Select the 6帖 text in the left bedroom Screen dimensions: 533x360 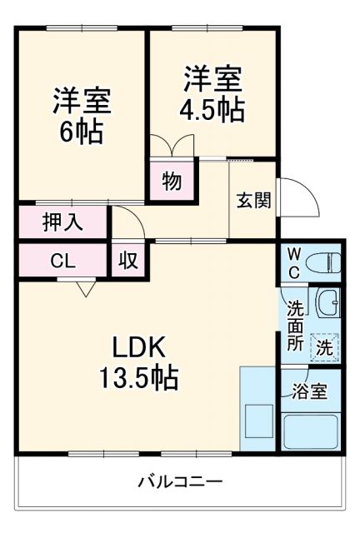coord(81,131)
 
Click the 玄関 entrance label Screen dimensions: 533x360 coord(253,201)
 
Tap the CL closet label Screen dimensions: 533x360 coord(62,260)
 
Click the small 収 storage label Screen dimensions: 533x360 coord(128,260)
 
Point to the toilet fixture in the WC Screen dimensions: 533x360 coord(324,264)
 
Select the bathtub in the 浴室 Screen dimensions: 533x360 coord(311,431)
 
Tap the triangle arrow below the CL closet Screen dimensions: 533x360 coord(85,289)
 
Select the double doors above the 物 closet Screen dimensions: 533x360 coord(172,145)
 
